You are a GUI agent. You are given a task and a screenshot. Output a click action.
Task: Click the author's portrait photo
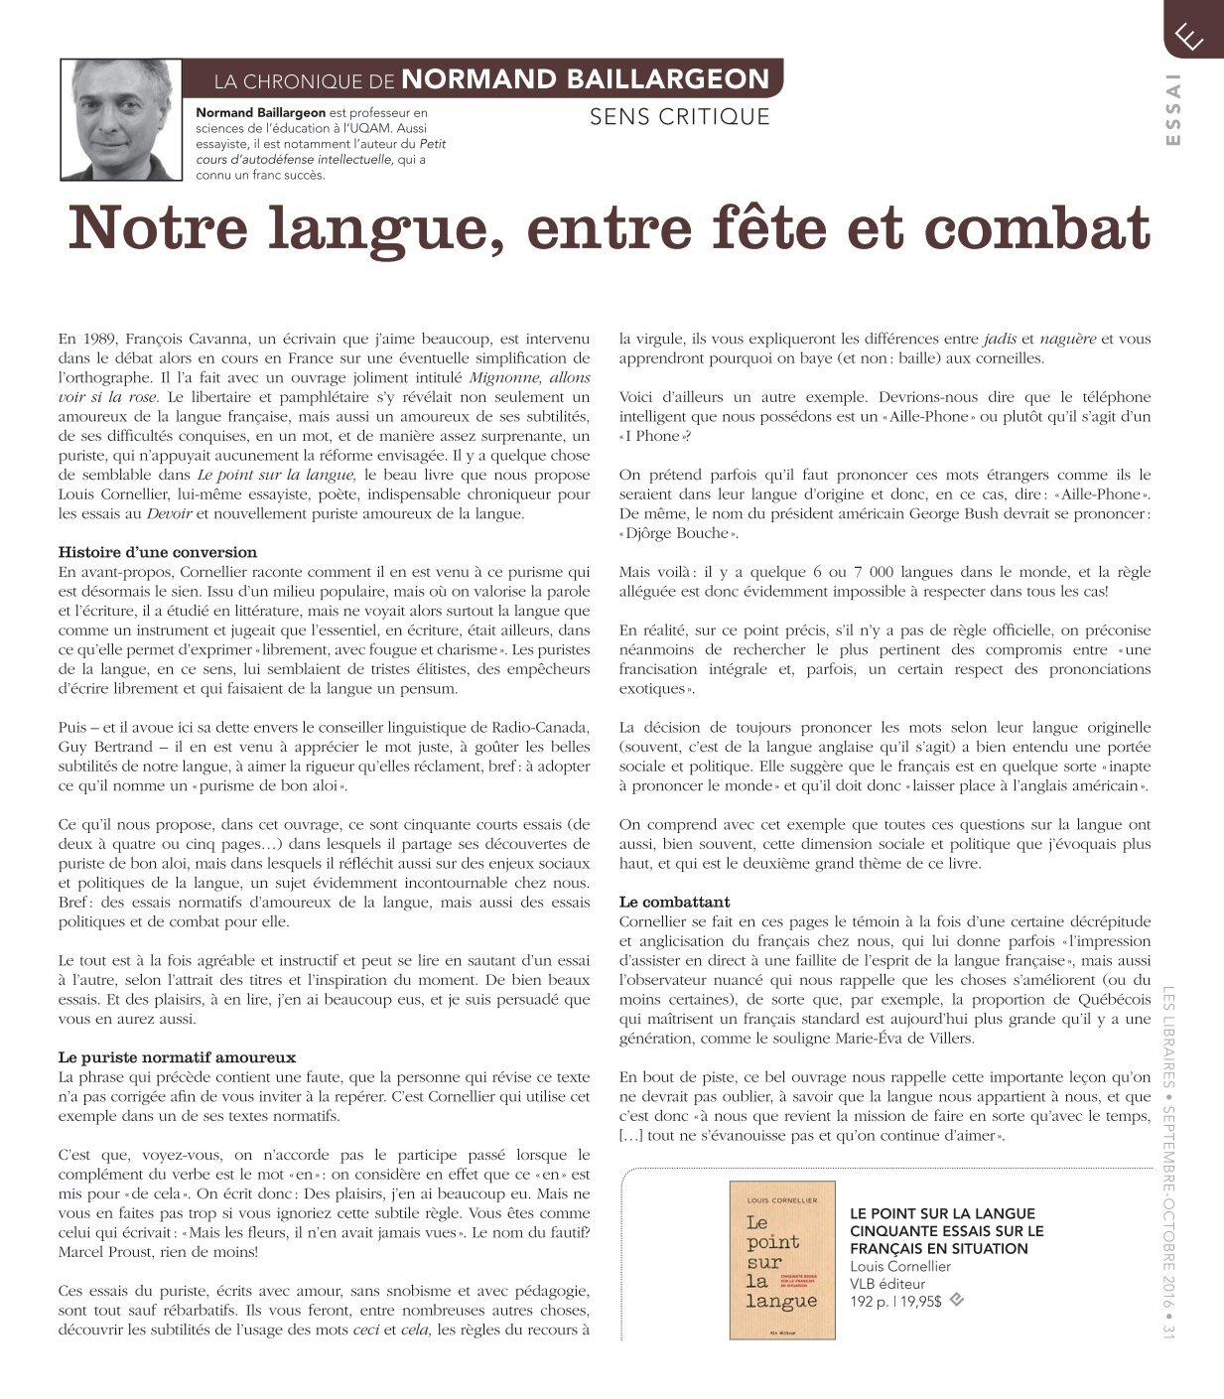(x=121, y=119)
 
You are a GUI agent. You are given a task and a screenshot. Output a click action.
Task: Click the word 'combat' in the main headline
(x=1036, y=227)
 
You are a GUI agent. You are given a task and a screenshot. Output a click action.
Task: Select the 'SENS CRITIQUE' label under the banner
(x=680, y=117)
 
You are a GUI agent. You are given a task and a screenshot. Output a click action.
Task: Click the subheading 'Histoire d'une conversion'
(x=158, y=552)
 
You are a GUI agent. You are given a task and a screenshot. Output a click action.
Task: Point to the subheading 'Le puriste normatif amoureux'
(x=177, y=1057)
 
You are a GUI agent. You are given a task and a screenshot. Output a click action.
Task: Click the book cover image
(x=782, y=1259)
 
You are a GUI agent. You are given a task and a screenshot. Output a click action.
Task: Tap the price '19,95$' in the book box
(x=920, y=1301)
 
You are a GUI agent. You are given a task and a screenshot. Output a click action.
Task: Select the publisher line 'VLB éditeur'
(x=887, y=1283)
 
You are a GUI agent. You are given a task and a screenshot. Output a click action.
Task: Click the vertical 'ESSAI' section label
(x=1174, y=109)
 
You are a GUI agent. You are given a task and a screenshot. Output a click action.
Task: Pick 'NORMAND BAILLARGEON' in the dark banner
(x=586, y=79)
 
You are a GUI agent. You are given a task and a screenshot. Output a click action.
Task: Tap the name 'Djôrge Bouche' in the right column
(x=680, y=533)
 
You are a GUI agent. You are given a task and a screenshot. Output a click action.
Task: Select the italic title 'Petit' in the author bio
(x=431, y=143)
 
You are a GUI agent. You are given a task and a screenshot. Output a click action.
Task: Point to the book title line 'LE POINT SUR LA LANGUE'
(x=942, y=1213)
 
